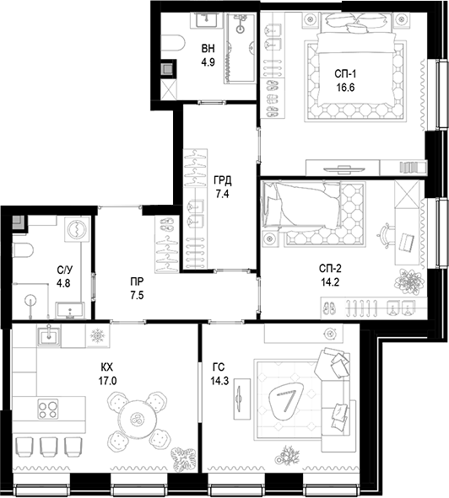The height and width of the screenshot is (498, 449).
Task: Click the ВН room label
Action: click(208, 49)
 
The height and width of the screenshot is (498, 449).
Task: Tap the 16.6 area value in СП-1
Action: click(345, 88)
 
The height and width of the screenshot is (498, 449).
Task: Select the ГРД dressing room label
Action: click(223, 180)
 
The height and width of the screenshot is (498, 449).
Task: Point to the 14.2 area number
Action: click(330, 282)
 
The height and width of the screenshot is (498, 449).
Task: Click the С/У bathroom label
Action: click(65, 270)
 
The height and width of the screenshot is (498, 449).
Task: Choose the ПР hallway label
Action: click(137, 281)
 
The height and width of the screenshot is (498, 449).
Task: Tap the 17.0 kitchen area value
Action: click(107, 381)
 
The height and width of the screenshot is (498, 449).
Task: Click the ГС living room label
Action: click(219, 367)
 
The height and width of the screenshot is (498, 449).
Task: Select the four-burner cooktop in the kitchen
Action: click(48, 409)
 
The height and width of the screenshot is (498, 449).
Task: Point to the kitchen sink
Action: click(50, 336)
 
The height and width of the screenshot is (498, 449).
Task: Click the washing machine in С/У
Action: click(77, 229)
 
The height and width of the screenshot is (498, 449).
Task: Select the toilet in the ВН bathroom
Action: click(173, 44)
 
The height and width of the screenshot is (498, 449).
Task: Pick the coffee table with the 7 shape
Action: click(286, 399)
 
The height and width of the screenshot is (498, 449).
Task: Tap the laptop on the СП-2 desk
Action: click(407, 244)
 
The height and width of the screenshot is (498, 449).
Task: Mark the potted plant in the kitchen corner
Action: click(183, 459)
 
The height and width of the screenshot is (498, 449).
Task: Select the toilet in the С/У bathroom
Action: click(23, 250)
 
